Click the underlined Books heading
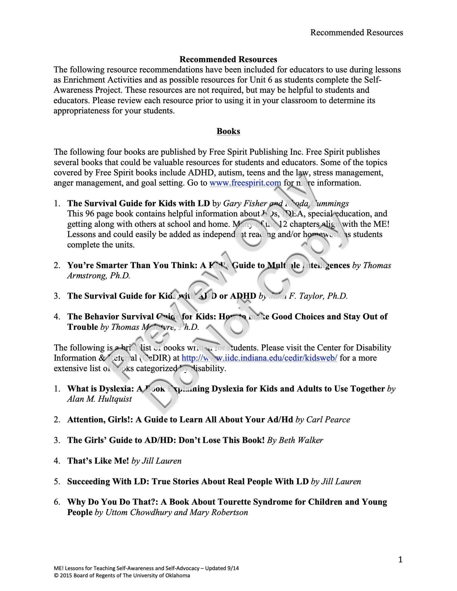coord(228,131)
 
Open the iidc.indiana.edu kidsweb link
coord(259,358)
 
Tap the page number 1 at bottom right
coord(400,559)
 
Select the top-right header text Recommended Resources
coord(356,33)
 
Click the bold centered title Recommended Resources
coord(228,59)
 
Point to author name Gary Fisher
coord(245,203)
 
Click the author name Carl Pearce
coord(328,419)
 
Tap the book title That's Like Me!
coord(98,461)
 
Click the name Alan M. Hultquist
coord(99,399)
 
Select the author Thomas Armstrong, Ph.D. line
coord(99,276)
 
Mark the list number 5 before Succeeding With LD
coord(57,481)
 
